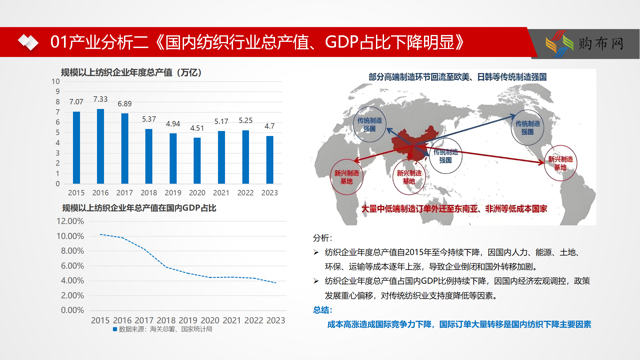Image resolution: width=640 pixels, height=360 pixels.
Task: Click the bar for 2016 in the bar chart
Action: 100,146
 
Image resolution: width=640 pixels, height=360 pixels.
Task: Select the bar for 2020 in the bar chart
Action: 197,160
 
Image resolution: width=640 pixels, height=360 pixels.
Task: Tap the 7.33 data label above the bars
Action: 100,99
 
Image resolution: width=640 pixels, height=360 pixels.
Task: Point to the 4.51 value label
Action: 197,128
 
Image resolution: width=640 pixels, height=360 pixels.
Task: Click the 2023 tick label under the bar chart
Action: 270,193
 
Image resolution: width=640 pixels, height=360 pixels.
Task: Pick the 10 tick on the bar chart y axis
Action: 56,81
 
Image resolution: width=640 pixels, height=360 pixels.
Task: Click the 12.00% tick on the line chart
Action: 70,221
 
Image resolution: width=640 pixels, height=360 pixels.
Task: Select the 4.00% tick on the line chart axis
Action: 72,280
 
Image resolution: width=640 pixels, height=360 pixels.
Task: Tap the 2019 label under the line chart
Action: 188,320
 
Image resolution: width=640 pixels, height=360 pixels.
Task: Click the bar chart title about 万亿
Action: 131,72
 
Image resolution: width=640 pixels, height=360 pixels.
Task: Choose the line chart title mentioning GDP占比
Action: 139,208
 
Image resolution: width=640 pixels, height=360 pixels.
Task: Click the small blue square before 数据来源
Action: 115,329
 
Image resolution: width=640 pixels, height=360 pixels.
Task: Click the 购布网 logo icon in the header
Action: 559,44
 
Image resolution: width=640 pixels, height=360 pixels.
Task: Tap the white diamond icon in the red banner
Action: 28,42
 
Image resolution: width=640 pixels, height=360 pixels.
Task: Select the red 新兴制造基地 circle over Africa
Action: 347,177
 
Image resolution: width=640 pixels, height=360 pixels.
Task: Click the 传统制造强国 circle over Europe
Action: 369,124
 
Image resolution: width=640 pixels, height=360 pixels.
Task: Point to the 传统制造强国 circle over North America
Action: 527,127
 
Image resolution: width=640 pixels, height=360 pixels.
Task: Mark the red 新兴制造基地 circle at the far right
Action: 561,163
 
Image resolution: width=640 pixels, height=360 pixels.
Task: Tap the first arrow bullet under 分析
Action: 316,252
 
